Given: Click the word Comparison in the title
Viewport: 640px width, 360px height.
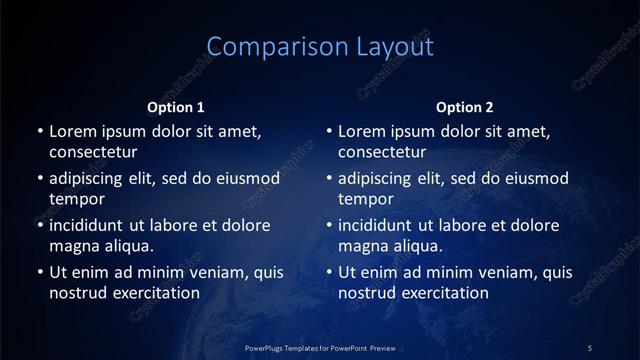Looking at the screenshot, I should [264, 47].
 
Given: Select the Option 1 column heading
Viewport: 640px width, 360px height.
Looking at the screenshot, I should [176, 107].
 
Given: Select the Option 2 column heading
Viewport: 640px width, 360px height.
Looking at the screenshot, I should [465, 107].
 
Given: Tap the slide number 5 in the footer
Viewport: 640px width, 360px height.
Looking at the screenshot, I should [590, 347].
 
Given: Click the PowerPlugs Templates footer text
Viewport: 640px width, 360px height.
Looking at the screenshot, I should [320, 347].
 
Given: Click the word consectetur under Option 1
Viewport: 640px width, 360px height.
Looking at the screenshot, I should [93, 152].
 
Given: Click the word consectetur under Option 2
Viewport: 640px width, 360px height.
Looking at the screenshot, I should [383, 152].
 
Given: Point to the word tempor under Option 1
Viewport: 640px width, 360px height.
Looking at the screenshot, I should [77, 199].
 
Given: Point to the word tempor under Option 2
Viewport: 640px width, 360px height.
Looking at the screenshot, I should [367, 199].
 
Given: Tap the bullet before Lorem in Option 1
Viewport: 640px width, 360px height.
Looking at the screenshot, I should [39, 131].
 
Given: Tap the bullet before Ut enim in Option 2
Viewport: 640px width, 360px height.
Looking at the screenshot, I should [329, 272].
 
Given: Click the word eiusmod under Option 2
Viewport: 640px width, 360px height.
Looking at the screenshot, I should [535, 179].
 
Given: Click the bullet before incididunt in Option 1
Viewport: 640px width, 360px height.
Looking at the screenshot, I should [39, 226].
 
